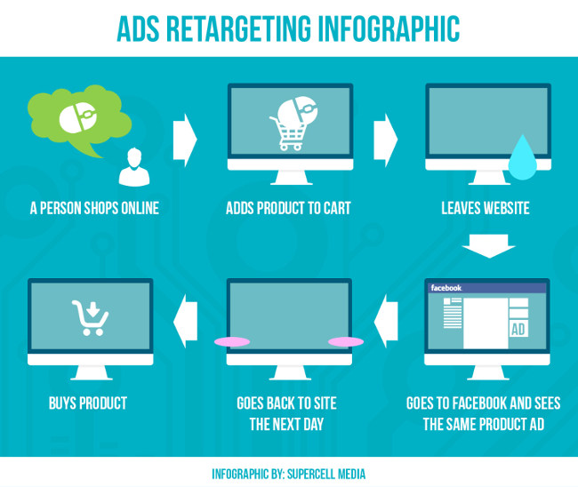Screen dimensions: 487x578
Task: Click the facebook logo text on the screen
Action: (x=446, y=288)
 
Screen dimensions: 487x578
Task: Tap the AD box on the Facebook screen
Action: (x=518, y=330)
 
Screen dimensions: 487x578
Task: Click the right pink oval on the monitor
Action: (x=345, y=341)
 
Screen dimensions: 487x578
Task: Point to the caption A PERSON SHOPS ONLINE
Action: (x=93, y=209)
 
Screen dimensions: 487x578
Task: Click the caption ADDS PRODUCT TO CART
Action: (x=288, y=209)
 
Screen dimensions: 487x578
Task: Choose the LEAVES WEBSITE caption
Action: (x=485, y=209)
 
